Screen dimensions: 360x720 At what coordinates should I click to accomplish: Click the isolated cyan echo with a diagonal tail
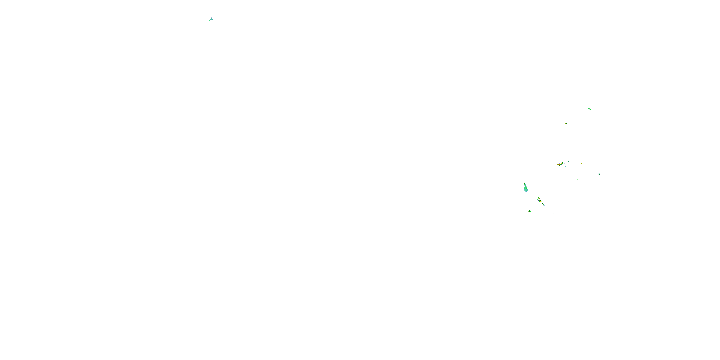211,19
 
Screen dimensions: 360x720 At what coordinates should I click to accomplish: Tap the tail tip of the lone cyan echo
210,20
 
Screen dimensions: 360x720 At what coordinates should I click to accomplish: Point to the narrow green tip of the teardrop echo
524,183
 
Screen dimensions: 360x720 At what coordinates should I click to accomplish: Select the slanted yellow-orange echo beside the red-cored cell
562,163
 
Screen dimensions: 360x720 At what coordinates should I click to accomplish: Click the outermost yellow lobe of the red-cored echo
558,165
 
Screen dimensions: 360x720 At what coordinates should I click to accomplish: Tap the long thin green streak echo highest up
589,109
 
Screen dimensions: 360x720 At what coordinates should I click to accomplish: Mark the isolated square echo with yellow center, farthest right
599,174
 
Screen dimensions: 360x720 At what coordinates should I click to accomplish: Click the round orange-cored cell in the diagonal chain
540,201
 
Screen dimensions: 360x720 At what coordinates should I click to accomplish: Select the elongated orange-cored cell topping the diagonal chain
538,199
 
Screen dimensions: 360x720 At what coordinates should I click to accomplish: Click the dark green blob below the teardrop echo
530,211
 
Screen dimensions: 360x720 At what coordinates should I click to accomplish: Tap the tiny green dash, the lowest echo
554,214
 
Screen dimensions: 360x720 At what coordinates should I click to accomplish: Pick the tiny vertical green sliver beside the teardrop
509,176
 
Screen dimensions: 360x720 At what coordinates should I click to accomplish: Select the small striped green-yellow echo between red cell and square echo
581,163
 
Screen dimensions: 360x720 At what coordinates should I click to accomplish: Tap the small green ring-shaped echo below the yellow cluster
567,167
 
